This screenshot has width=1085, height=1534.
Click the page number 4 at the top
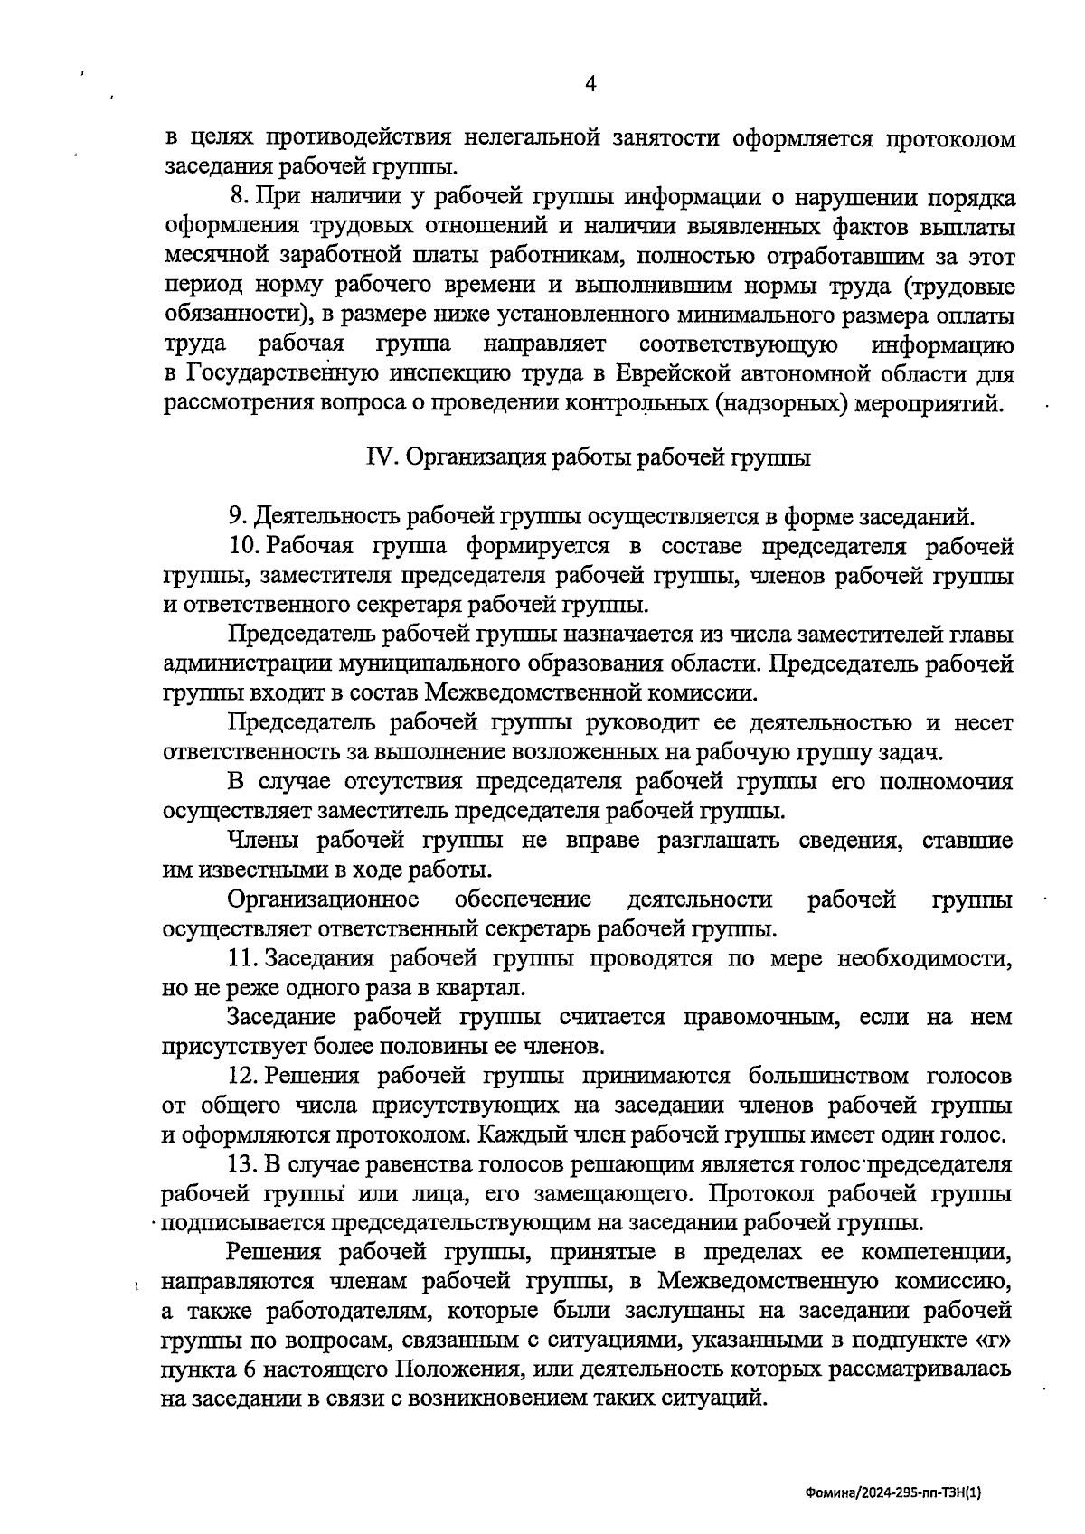(591, 84)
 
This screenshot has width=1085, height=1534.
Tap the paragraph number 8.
(239, 197)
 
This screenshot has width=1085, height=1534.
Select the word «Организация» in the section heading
(470, 457)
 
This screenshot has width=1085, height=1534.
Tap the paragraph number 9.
(237, 517)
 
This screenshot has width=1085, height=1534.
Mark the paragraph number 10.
(244, 546)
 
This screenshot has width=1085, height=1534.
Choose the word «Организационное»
(324, 899)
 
